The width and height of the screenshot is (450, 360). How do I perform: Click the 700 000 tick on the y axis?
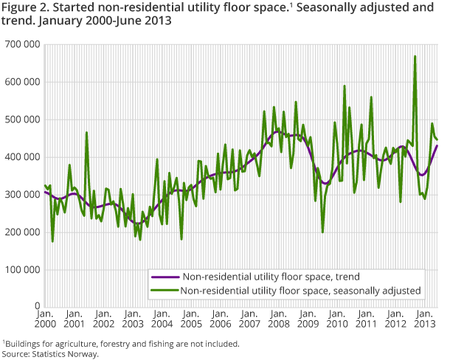[x=21, y=45]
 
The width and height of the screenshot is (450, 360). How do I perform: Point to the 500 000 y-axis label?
[x=21, y=120]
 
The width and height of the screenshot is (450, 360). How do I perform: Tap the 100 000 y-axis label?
[x=21, y=269]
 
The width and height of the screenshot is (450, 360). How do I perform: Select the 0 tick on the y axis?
[x=36, y=305]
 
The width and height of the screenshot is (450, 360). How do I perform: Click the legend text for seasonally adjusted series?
[x=298, y=291]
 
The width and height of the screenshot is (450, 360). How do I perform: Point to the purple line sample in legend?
[x=160, y=277]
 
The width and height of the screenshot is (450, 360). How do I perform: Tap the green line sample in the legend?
[x=160, y=291]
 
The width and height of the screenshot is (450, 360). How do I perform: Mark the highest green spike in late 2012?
[x=415, y=56]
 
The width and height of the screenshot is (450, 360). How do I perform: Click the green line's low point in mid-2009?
[x=322, y=232]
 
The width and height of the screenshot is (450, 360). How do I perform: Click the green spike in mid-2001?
[x=86, y=133]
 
